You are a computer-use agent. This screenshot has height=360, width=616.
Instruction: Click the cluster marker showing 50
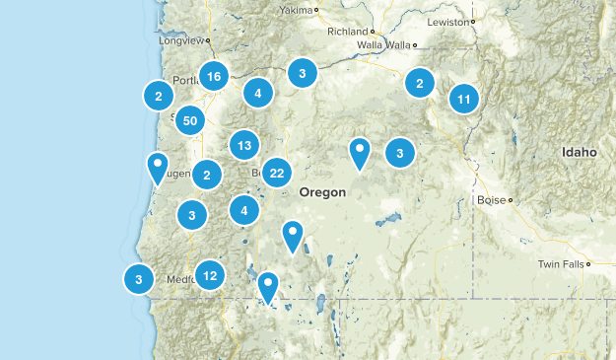point(190,120)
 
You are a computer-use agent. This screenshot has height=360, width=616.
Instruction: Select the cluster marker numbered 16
point(214,75)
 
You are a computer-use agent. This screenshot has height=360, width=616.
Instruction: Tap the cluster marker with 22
point(277,173)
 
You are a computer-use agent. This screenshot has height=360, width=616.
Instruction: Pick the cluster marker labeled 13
point(244,146)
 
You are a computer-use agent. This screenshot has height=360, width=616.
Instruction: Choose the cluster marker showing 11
point(464,99)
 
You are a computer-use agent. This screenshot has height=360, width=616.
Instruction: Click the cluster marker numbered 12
point(209,275)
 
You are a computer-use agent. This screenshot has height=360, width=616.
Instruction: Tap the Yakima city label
point(294,10)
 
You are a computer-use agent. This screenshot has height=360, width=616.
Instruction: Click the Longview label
point(179,41)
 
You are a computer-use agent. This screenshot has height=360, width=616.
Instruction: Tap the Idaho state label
point(580,153)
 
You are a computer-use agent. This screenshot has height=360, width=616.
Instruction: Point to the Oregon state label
point(322,192)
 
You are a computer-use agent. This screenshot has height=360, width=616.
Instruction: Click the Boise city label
point(490,199)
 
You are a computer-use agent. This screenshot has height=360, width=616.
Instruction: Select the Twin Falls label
point(560,264)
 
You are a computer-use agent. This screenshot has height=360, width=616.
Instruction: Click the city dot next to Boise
point(510,200)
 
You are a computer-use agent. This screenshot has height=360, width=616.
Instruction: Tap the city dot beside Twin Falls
point(587,264)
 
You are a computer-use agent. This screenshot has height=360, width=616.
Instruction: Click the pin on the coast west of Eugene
point(157,167)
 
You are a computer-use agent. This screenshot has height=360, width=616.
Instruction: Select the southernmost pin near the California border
point(267,286)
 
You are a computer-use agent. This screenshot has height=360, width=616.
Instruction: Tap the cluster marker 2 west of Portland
point(158,95)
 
